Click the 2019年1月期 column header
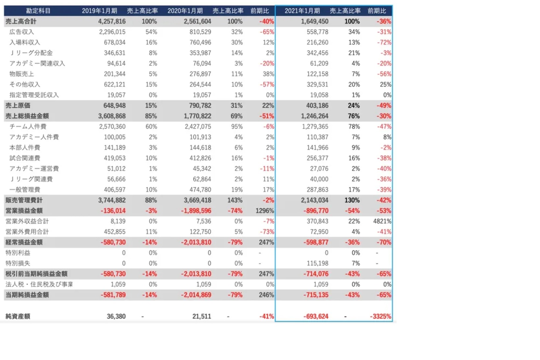(x=99, y=11)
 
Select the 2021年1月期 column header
(x=302, y=11)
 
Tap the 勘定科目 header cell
(x=38, y=11)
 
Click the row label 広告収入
(x=22, y=32)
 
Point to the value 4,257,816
(x=112, y=21)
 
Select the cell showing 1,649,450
(x=315, y=21)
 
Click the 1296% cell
(x=265, y=211)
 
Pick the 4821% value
(x=382, y=221)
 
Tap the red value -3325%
(x=380, y=316)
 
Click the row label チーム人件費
(x=28, y=127)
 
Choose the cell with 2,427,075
(x=198, y=127)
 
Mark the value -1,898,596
(x=196, y=211)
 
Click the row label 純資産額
(x=18, y=316)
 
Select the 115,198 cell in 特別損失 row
(x=318, y=263)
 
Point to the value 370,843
(x=318, y=221)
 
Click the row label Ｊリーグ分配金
(x=31, y=53)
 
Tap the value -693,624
(x=316, y=316)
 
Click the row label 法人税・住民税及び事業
(x=39, y=285)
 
